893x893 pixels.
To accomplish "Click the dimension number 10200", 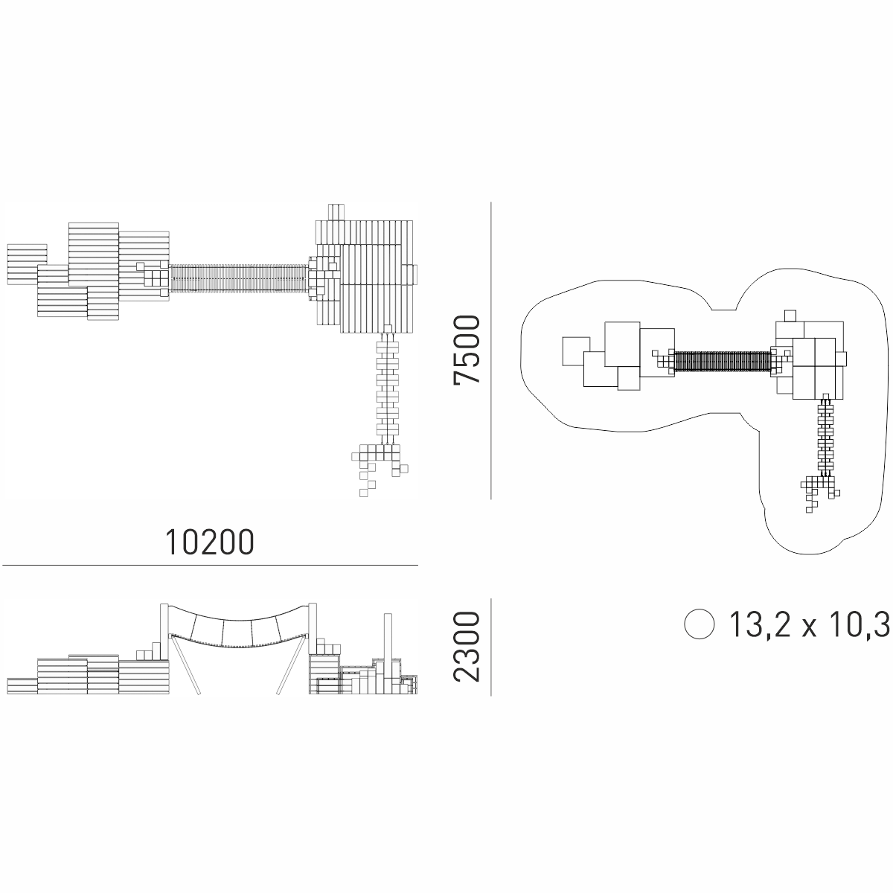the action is (x=209, y=542).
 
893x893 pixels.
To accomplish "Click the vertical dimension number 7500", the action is (x=467, y=350).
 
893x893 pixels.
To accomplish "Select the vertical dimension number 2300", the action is (x=467, y=647).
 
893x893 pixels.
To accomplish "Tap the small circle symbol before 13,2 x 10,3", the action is (x=700, y=624).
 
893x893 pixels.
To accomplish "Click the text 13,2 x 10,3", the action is (x=809, y=624).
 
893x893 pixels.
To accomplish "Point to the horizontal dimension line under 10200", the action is (x=210, y=565).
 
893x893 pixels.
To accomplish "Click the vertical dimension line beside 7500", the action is (x=490, y=351).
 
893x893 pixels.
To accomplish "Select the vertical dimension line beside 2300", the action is (x=490, y=647).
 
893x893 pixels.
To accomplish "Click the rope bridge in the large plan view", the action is (x=239, y=278).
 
